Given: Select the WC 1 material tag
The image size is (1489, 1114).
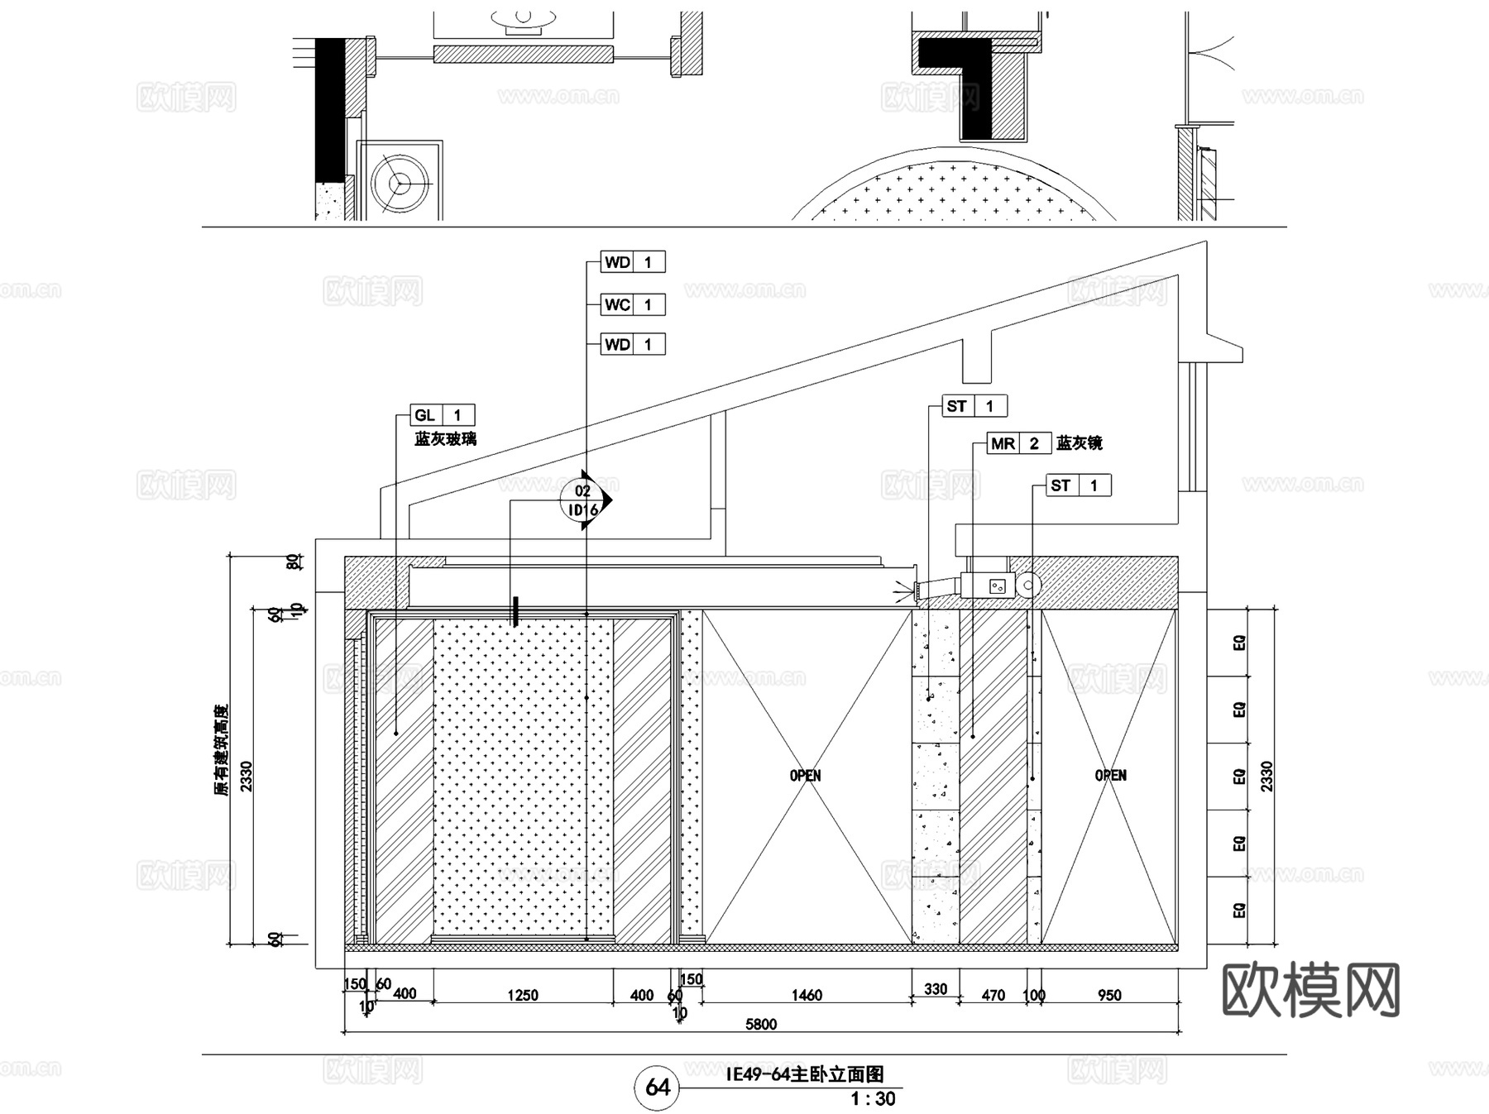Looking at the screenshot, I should coord(633,305).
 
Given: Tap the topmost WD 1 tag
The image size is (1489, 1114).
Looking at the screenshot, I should coord(633,262).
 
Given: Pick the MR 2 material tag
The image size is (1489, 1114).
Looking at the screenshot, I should coord(1019,443).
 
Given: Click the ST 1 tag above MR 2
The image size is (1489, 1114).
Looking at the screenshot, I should coord(975,406).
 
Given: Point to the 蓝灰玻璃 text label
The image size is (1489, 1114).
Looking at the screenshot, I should coord(445,439).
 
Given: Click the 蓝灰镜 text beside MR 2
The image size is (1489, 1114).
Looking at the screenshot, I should coord(1079,443).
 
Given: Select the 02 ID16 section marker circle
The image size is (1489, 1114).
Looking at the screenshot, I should coord(583,500).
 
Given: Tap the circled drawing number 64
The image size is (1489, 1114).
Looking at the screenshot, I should coord(657,1087).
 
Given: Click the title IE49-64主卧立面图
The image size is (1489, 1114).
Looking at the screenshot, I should coord(804,1074).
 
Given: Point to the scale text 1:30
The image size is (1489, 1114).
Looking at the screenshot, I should coord(873,1099).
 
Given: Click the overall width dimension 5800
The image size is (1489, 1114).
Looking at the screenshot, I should coord(761,1025).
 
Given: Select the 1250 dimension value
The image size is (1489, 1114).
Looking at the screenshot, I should coord(523,996).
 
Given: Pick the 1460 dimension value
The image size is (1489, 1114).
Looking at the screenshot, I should coord(807,996).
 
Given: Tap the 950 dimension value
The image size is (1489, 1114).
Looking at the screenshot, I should coord(1109,996).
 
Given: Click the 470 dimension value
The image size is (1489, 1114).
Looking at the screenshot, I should coord(993,996).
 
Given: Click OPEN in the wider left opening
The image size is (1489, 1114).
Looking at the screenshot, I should coord(805,776).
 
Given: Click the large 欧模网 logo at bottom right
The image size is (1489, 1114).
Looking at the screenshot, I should coord(1310,990).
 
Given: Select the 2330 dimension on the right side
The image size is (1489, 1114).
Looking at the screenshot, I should coord(1266,777).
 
